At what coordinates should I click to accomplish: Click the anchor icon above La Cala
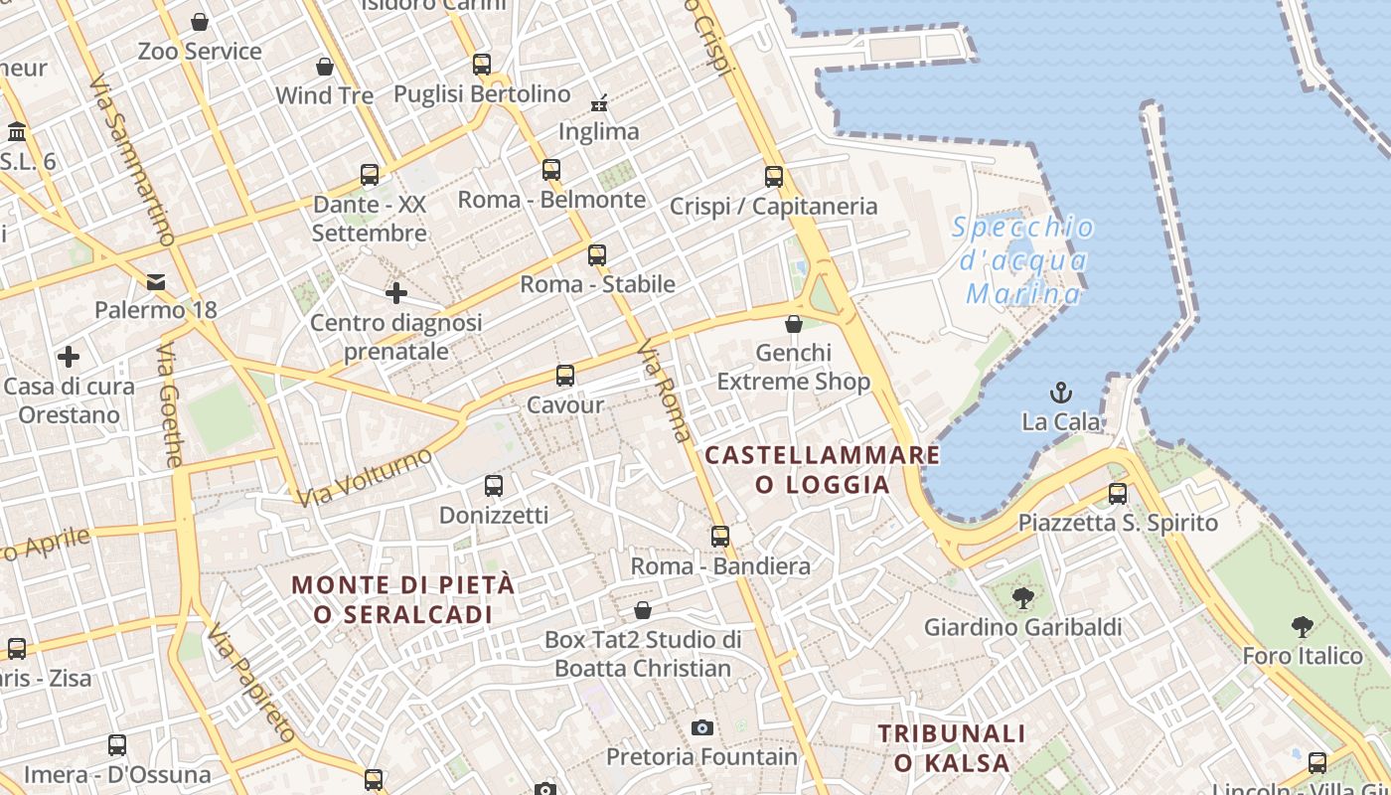click(1061, 393)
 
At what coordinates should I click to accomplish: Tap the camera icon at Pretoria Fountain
click(702, 728)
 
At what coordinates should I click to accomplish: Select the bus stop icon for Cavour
click(565, 376)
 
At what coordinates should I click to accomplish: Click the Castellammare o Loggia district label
click(822, 470)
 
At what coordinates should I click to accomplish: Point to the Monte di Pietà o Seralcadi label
click(404, 599)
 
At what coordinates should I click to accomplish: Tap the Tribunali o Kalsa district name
click(952, 748)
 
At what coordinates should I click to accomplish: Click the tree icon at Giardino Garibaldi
click(1022, 597)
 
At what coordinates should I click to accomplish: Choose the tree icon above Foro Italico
click(1302, 626)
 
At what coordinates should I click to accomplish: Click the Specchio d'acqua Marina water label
click(1023, 260)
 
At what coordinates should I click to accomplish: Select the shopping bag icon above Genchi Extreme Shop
click(793, 324)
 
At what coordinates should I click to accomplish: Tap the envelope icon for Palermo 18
click(156, 282)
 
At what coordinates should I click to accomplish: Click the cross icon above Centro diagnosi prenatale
click(395, 293)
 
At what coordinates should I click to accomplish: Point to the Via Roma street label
click(665, 391)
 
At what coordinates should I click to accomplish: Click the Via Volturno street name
click(366, 478)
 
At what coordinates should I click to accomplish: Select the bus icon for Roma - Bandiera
click(720, 537)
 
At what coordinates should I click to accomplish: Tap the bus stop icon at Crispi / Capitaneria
click(774, 177)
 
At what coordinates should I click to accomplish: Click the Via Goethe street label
click(170, 405)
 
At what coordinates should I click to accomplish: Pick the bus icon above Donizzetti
click(494, 486)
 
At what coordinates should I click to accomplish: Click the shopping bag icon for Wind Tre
click(324, 68)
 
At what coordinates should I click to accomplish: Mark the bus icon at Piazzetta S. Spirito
click(1118, 493)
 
